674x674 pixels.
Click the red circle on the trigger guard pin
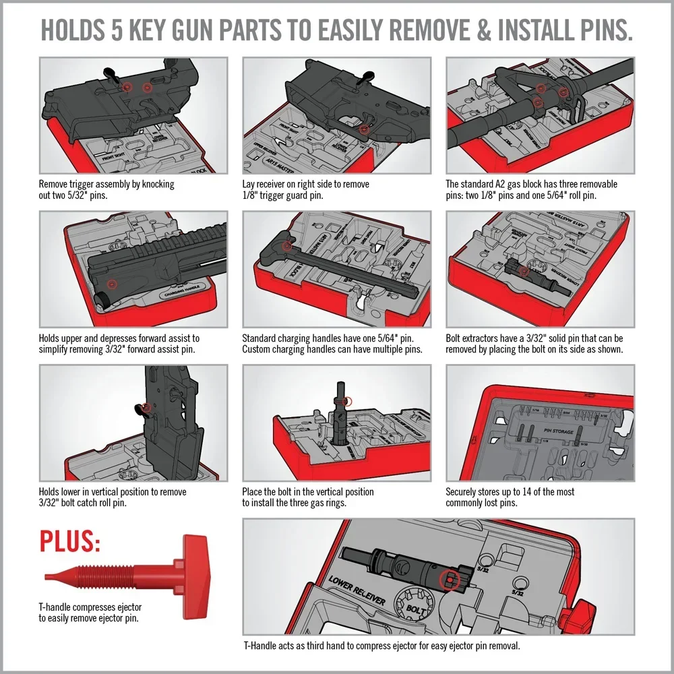click(364, 129)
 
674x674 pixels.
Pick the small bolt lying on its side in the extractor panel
click(522, 274)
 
